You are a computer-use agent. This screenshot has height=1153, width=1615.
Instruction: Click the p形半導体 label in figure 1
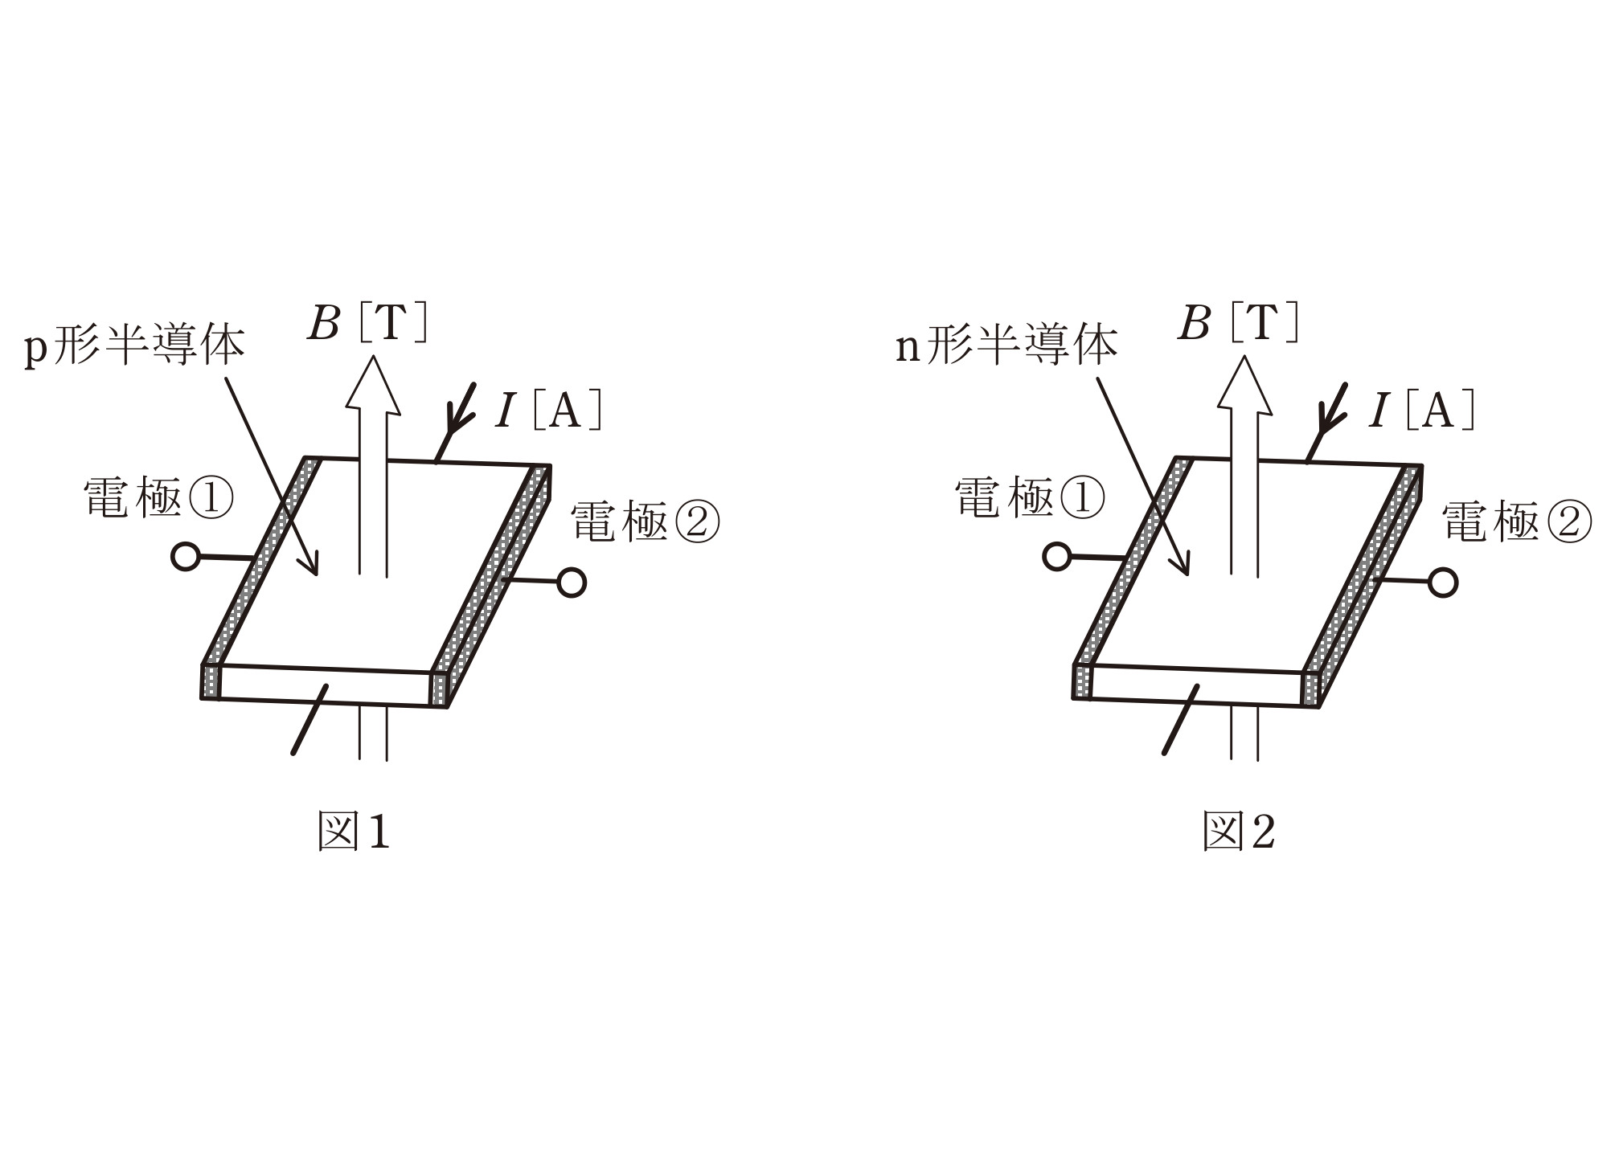click(x=134, y=346)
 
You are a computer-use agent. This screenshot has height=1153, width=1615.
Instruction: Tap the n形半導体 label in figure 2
click(x=1006, y=346)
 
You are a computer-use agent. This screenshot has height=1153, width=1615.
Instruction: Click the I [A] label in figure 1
click(x=549, y=411)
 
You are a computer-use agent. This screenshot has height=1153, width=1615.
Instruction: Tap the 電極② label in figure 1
click(x=645, y=521)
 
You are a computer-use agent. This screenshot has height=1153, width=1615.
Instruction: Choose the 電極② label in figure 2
click(x=1517, y=521)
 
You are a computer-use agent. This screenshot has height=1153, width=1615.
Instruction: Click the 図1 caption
click(x=354, y=831)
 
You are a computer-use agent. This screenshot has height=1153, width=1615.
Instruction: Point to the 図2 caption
click(x=1239, y=831)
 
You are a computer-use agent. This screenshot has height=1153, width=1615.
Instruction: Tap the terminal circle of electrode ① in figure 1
click(x=186, y=556)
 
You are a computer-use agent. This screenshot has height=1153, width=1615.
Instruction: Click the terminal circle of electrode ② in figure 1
click(x=572, y=583)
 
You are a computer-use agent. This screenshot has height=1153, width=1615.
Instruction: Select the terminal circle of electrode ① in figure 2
click(x=1057, y=556)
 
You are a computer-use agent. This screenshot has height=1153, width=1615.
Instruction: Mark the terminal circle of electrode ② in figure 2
click(x=1444, y=583)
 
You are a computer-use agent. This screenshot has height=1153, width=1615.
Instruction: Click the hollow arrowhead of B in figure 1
click(x=373, y=385)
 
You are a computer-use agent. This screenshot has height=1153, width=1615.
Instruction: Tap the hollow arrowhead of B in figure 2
click(x=1244, y=385)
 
